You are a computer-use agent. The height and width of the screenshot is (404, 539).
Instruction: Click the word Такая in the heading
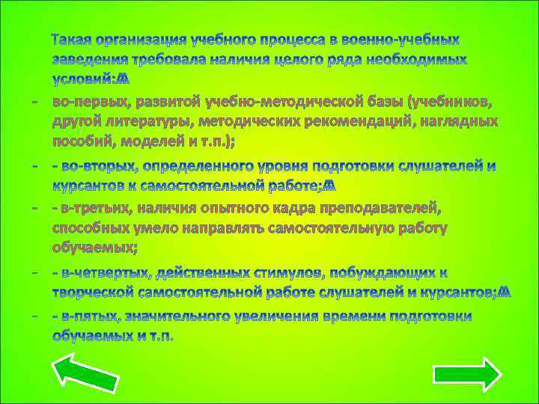[x=75, y=39]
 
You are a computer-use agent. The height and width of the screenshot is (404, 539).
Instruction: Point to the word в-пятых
[x=90, y=316]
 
